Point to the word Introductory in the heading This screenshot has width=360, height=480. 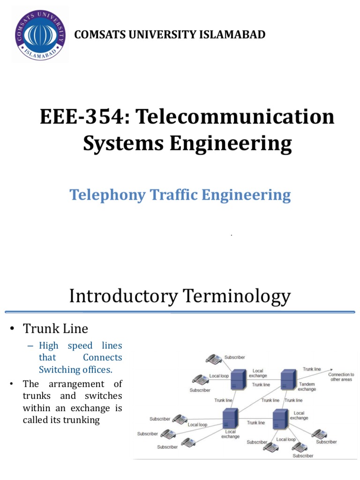point(122,296)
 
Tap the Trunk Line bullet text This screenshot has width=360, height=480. point(55,329)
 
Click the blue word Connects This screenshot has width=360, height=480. point(102,357)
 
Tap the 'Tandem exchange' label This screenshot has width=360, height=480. point(307,386)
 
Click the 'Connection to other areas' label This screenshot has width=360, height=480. point(341,377)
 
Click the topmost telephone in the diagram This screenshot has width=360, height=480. point(214,360)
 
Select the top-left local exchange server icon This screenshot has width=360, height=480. point(238,379)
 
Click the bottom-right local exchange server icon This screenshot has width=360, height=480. point(280,418)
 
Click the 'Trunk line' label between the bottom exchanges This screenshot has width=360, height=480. point(255,422)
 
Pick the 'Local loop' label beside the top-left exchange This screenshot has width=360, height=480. point(219,376)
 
